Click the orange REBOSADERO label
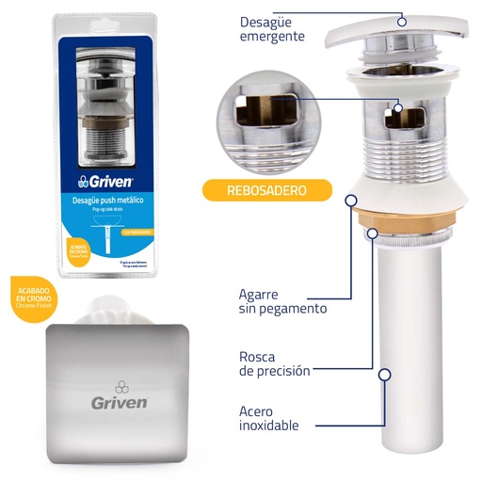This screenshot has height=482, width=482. [266, 191]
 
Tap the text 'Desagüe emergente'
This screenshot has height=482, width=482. [272, 28]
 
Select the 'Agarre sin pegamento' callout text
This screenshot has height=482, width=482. [282, 301]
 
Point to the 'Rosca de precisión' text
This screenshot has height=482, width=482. [274, 362]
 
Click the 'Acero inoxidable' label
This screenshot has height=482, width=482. [269, 417]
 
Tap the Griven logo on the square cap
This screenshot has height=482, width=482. [119, 396]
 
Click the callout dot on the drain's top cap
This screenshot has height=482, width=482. [402, 20]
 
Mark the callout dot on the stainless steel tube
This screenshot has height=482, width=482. [384, 374]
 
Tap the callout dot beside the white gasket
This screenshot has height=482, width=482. [351, 199]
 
